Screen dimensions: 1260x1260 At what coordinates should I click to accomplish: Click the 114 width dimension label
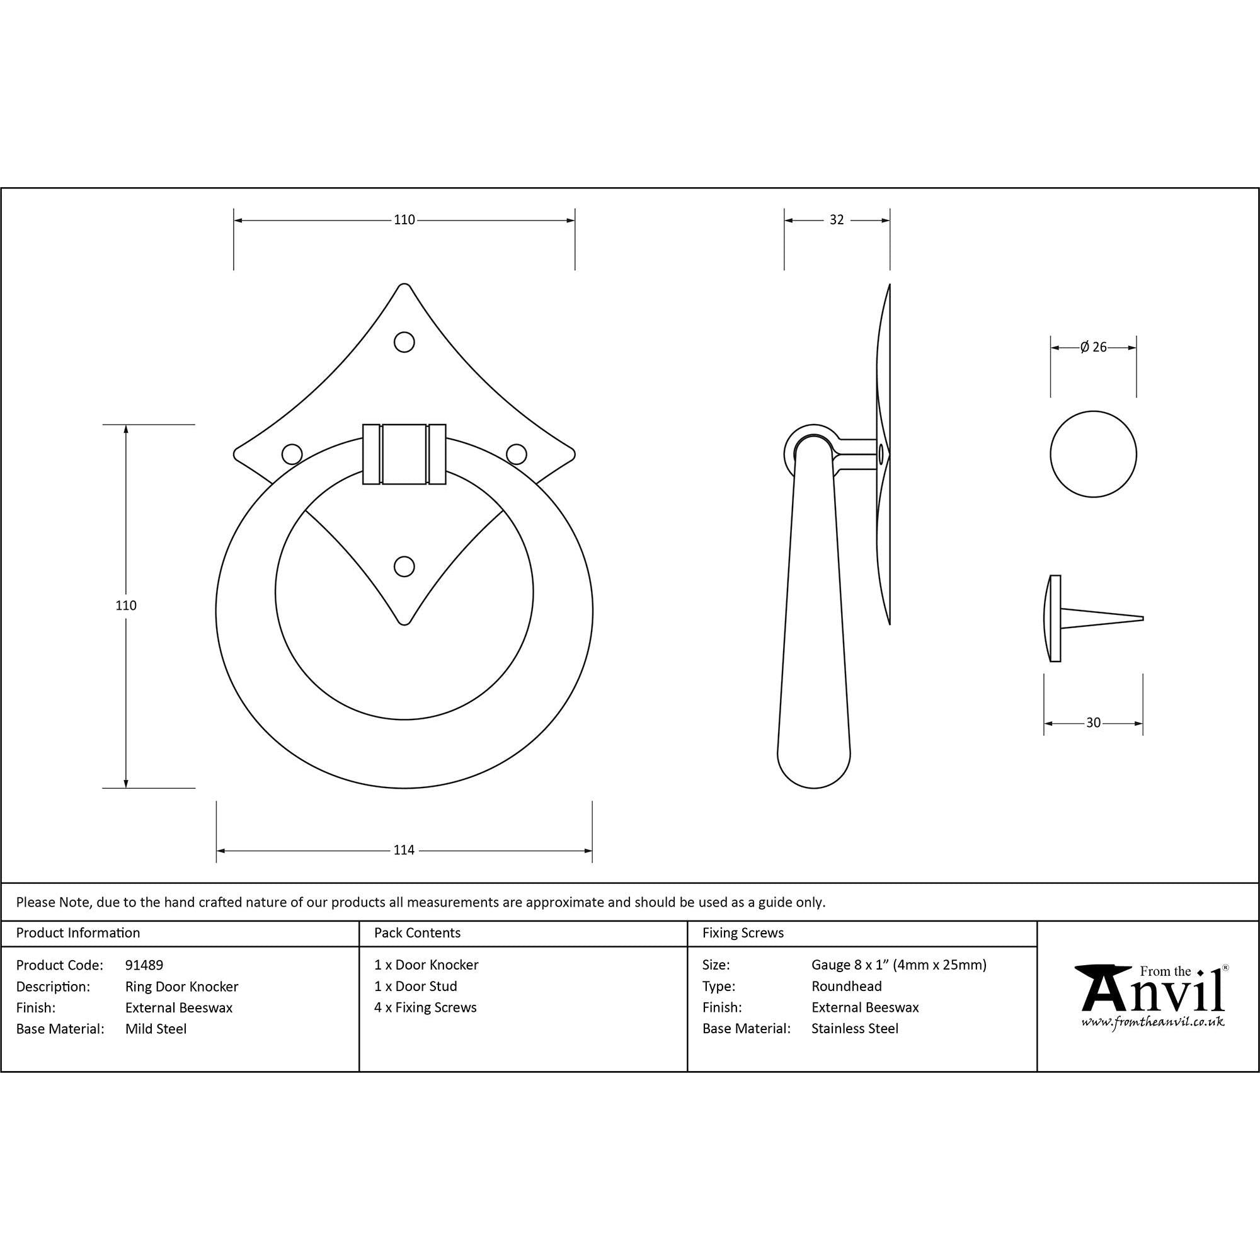click(404, 850)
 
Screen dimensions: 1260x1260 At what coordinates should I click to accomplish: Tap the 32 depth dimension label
click(836, 220)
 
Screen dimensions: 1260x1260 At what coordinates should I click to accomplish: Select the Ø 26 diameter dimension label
click(1094, 348)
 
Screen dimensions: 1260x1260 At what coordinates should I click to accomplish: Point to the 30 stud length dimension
click(1093, 723)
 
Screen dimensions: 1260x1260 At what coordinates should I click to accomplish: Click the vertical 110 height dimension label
click(126, 605)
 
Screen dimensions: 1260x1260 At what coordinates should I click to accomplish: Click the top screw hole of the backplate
click(404, 341)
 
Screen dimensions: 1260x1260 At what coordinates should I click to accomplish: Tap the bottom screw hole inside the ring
click(404, 567)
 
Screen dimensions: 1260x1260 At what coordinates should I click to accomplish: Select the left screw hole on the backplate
click(292, 454)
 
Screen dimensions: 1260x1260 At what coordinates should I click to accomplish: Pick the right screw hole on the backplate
click(517, 454)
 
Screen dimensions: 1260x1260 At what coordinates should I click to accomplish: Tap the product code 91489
click(144, 965)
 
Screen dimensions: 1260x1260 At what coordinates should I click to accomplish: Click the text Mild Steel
click(156, 1029)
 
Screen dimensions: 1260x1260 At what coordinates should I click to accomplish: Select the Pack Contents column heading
click(418, 933)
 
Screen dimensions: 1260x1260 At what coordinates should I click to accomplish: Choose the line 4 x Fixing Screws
click(425, 1007)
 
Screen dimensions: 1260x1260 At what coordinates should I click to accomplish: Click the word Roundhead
click(847, 987)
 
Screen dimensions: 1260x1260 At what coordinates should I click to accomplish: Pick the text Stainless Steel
click(854, 1029)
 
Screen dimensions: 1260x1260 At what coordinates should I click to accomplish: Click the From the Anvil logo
click(1152, 996)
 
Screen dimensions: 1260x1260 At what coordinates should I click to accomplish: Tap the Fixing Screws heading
click(743, 933)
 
